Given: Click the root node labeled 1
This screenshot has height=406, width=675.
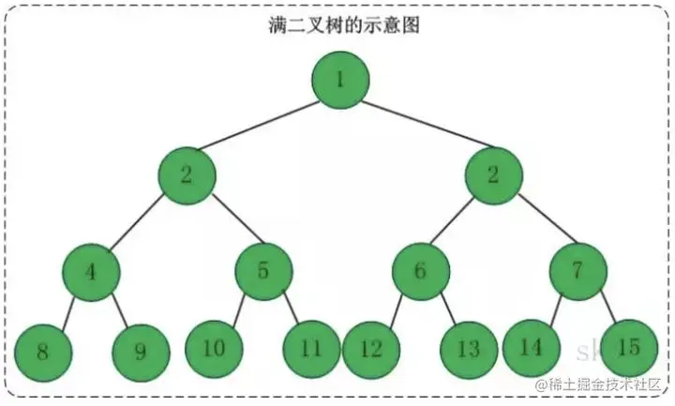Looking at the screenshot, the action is click(x=341, y=78).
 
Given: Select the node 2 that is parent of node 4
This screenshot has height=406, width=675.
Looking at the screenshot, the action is click(x=187, y=175).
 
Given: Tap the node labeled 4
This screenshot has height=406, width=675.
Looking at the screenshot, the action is click(x=91, y=272).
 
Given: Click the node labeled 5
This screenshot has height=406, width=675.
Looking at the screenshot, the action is click(x=263, y=272).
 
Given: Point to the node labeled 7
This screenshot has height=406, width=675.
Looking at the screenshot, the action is click(x=577, y=272).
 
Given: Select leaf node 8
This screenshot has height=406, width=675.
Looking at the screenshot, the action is click(x=43, y=352).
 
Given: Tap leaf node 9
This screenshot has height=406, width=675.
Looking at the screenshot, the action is click(x=141, y=352).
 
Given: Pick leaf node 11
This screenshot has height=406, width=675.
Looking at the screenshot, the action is click(x=312, y=349).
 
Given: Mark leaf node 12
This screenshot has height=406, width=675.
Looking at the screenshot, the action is click(x=371, y=350).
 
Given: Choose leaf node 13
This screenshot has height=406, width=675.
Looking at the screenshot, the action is click(x=469, y=350).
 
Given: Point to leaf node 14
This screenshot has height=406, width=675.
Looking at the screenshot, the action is click(x=532, y=347).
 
